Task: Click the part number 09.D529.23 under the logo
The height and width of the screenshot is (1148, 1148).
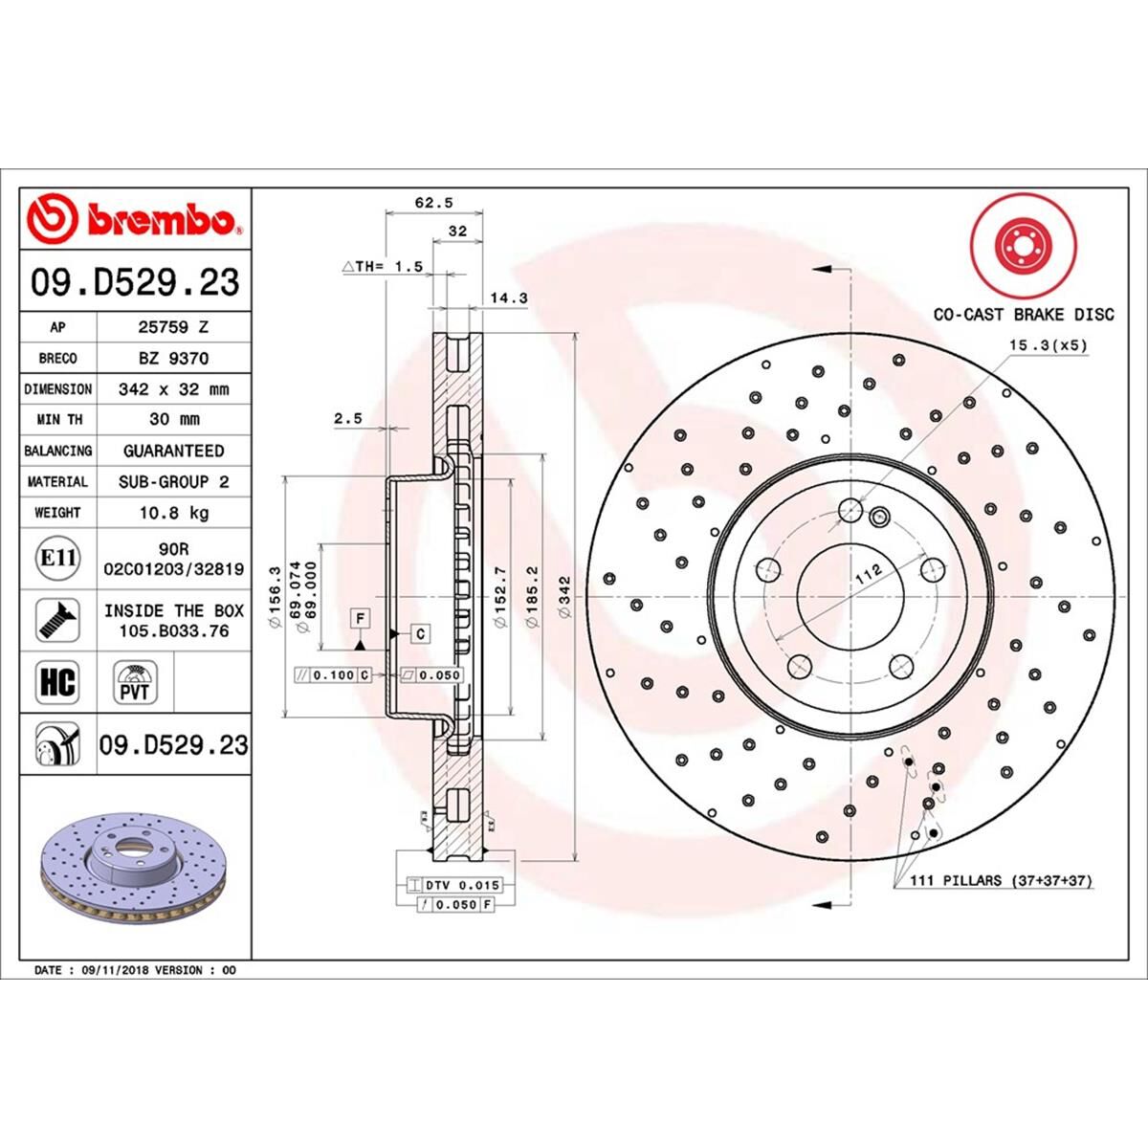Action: point(135,283)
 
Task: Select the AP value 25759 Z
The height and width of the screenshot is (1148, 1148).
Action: point(173,327)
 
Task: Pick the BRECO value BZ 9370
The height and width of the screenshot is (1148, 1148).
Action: point(173,358)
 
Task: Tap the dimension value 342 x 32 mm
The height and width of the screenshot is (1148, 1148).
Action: point(173,389)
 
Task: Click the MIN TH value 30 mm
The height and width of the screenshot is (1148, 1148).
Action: point(173,419)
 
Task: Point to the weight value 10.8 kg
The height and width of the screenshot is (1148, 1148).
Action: point(173,513)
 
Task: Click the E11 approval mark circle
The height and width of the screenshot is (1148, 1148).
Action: point(57,557)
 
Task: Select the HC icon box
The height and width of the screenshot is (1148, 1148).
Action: point(57,683)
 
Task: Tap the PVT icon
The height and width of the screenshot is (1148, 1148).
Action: point(135,683)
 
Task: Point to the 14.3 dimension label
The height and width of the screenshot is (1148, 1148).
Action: point(508,298)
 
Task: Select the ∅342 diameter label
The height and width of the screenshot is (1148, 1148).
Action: point(565,599)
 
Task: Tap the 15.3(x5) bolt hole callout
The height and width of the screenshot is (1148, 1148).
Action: point(1048,345)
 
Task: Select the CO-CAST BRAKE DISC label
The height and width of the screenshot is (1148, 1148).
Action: point(1023,314)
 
